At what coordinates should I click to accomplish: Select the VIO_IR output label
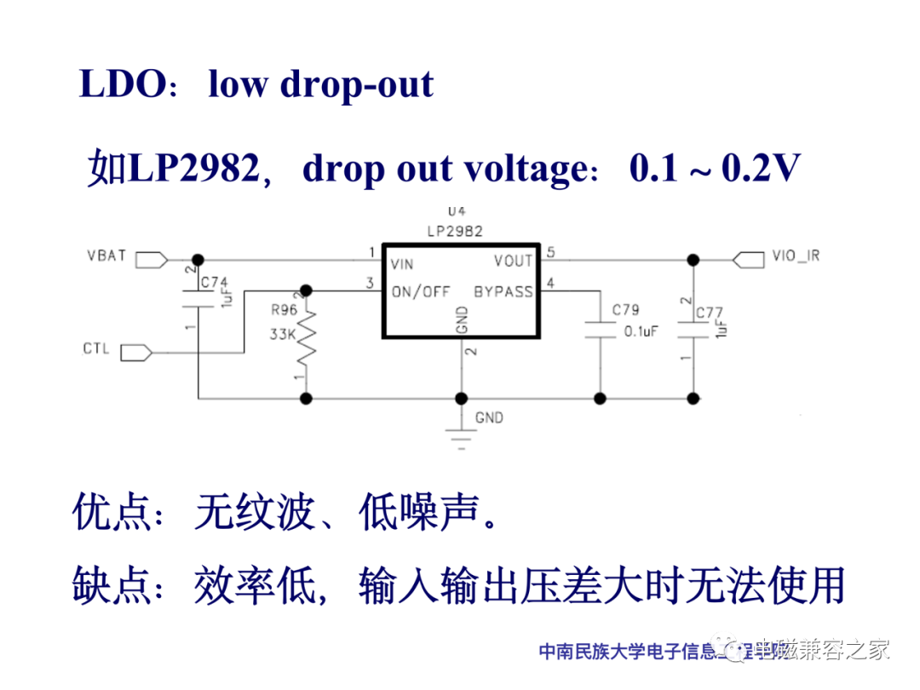click(796, 256)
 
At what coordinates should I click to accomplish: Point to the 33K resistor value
click(283, 335)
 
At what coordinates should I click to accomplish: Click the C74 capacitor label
click(215, 282)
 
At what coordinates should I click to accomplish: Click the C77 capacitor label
click(710, 313)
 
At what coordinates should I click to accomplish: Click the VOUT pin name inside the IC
click(513, 261)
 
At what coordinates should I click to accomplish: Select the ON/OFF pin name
click(420, 291)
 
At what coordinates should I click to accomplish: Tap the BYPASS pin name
click(503, 291)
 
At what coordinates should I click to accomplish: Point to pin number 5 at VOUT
click(550, 252)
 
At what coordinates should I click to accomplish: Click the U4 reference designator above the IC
click(457, 211)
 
